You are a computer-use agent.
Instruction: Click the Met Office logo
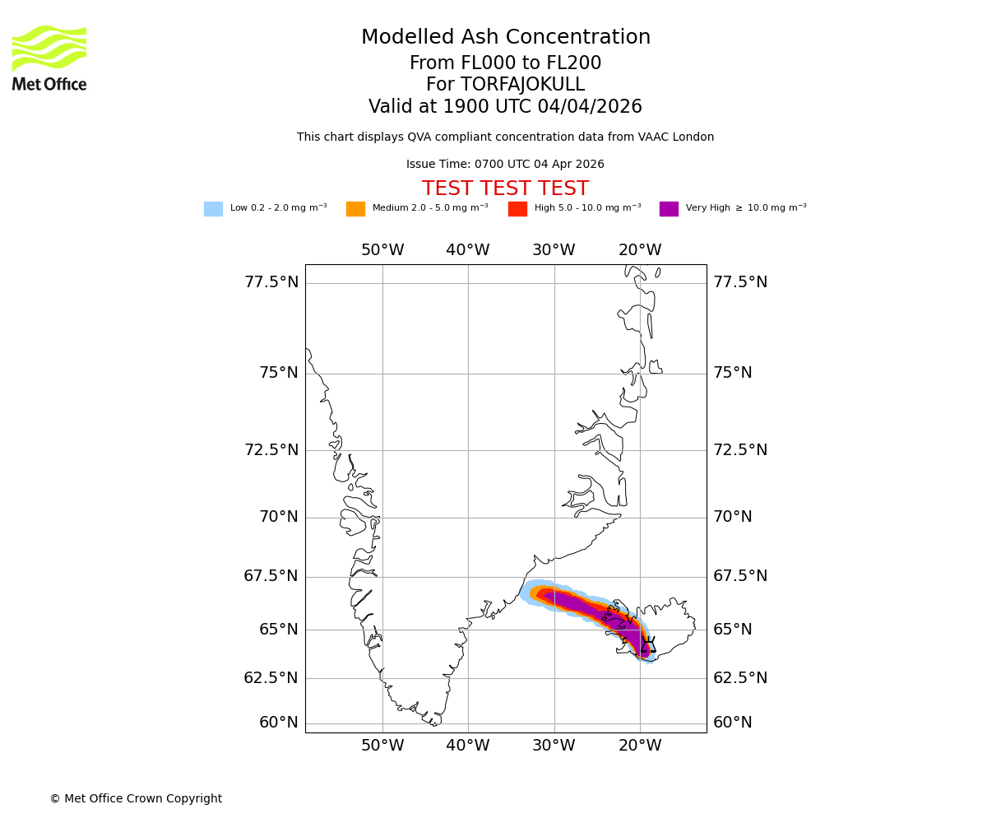pos(49,58)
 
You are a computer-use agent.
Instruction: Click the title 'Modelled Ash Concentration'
pos(505,38)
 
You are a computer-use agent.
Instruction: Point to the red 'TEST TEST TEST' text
pos(505,188)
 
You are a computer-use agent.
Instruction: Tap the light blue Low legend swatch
pos(213,209)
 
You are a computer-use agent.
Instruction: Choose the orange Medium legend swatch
pos(355,209)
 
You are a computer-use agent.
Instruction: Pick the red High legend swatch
pos(517,209)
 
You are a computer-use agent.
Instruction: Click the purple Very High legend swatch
pos(669,209)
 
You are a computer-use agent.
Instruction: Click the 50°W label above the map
pos(382,250)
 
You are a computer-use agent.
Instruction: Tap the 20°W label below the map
pos(640,746)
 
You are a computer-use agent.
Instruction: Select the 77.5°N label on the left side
pos(271,282)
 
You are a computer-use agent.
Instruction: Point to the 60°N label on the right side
pos(732,723)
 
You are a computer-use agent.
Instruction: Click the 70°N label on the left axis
pos(279,517)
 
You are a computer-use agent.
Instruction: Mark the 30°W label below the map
pos(554,746)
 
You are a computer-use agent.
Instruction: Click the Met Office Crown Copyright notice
pos(136,798)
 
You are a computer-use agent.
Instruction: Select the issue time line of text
pos(505,165)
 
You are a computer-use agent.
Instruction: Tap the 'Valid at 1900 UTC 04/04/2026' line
pos(505,107)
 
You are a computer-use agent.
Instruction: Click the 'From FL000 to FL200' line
pos(505,63)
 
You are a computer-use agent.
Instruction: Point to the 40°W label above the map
pos(468,250)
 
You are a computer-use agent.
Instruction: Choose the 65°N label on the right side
pos(732,630)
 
